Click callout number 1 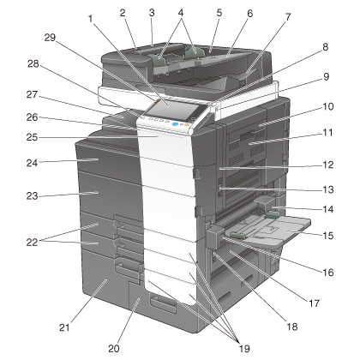pos(91,19)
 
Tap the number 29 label pos(50,38)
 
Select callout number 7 pos(288,17)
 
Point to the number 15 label pos(328,236)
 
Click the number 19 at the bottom pos(244,349)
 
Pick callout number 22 pos(32,243)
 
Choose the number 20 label pos(114,349)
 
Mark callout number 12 pos(328,165)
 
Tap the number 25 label pos(32,137)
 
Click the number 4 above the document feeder pos(181,13)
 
